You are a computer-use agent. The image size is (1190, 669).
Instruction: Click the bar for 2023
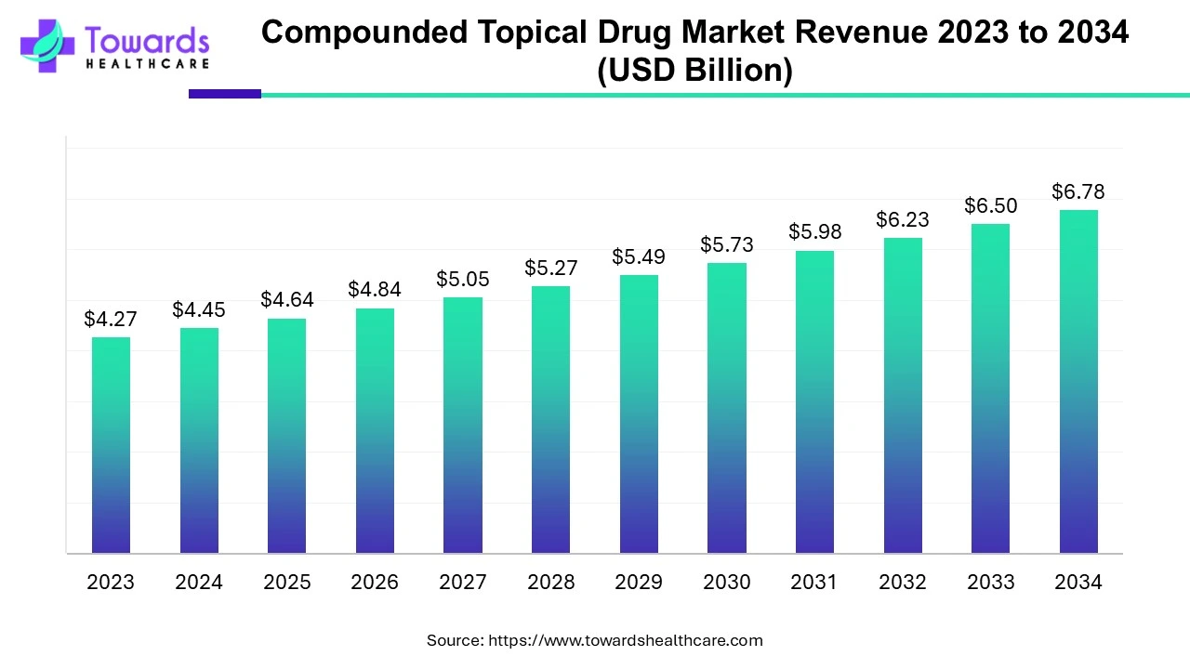tap(111, 445)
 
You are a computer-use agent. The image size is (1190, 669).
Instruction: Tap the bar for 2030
tap(726, 408)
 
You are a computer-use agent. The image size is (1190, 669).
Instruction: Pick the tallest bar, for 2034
tap(1078, 382)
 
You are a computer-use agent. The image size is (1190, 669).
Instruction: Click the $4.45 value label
tap(199, 309)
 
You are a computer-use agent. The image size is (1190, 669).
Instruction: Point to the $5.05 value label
tap(462, 279)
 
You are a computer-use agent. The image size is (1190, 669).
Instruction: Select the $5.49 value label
tap(639, 256)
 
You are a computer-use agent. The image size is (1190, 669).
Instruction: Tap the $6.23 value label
tap(903, 219)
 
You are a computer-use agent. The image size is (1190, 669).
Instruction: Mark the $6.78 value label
tap(1078, 191)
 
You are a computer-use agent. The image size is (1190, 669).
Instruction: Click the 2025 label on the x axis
tap(286, 583)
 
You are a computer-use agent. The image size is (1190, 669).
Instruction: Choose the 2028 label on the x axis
tap(550, 583)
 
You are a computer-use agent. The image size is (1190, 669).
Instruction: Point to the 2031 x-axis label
tap(814, 583)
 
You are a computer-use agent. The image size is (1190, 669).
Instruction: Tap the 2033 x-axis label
tap(990, 583)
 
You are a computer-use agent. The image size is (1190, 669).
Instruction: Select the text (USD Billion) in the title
tap(694, 71)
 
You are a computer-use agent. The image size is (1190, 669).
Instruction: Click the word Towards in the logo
tap(147, 40)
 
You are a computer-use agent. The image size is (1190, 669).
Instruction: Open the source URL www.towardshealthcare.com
tap(625, 640)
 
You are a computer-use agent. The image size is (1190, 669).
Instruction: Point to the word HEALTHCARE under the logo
tap(147, 64)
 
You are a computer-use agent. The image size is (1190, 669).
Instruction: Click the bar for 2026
tap(375, 431)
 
